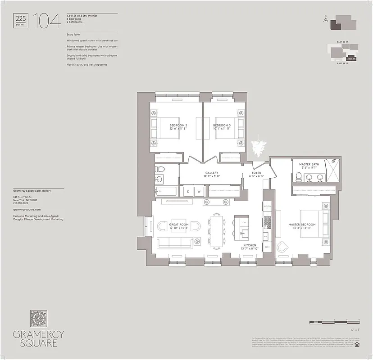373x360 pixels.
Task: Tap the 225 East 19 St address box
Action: pyautogui.click(x=21, y=21)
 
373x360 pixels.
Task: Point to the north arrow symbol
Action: pyautogui.click(x=325, y=19)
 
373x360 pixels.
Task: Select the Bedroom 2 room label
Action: pyautogui.click(x=178, y=127)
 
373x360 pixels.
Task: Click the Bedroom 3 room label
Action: pyautogui.click(x=222, y=127)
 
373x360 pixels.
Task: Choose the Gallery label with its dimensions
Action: pyautogui.click(x=212, y=175)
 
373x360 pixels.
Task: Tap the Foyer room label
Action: pyautogui.click(x=256, y=175)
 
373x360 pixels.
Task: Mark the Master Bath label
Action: pyautogui.click(x=309, y=166)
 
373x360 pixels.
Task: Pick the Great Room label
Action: pyautogui.click(x=179, y=226)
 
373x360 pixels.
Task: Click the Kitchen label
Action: pyautogui.click(x=250, y=247)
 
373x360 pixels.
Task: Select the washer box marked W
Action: pyautogui.click(x=198, y=192)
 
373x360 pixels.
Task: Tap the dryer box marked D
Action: pyautogui.click(x=187, y=192)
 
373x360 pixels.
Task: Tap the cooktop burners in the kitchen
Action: pyautogui.click(x=267, y=222)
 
